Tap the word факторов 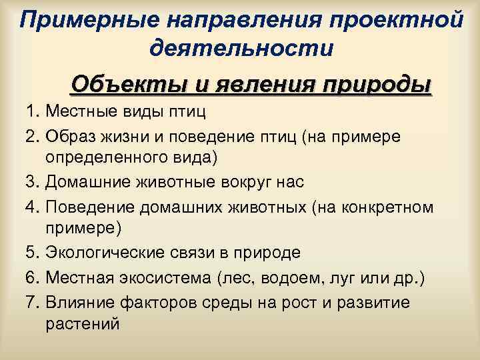tap(160, 302)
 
